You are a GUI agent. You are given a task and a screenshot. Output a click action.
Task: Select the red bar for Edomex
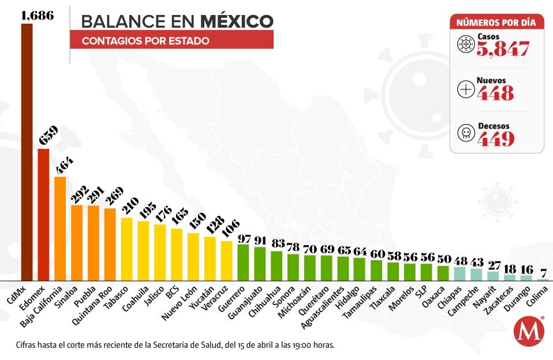[43, 214]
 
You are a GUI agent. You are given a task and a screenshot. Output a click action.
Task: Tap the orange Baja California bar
[60, 228]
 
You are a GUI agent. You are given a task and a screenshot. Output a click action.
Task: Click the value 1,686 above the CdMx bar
[37, 16]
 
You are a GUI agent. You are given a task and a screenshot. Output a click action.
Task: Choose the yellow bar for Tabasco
[126, 249]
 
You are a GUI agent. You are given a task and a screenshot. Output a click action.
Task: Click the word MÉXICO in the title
[237, 21]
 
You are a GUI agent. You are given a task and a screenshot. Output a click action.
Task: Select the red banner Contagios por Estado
[171, 40]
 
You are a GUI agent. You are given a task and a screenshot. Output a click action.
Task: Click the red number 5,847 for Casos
[503, 50]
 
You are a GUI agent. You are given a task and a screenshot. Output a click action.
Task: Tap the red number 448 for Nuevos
[495, 93]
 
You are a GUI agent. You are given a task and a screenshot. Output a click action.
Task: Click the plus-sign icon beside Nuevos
[465, 89]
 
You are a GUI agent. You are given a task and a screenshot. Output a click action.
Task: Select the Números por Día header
[496, 22]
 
